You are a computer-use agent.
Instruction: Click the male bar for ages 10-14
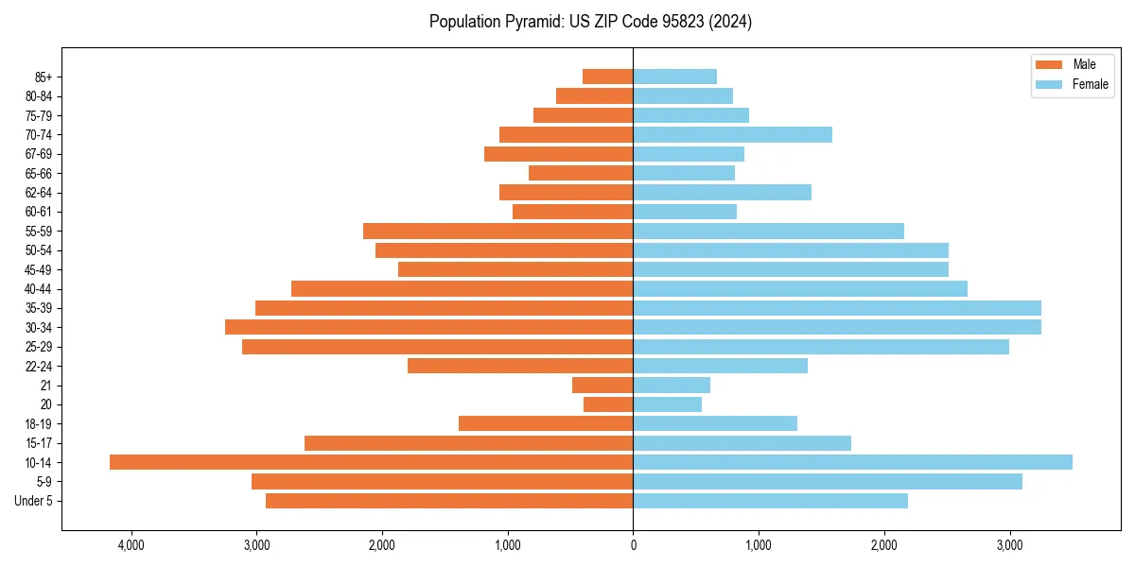pos(371,462)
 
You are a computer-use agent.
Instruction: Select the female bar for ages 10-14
pos(852,462)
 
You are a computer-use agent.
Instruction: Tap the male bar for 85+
pos(607,77)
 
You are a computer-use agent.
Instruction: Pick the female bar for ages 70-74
pos(732,134)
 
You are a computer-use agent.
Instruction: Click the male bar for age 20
pos(608,404)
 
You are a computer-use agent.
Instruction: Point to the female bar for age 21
pos(672,385)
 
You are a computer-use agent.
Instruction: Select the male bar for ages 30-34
pos(428,327)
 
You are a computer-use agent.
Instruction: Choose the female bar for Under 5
pos(770,501)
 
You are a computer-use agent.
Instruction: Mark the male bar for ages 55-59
pos(498,231)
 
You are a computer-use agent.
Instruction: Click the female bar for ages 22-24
pos(720,366)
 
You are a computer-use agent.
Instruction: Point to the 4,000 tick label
pos(131,545)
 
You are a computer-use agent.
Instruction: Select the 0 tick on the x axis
pos(633,545)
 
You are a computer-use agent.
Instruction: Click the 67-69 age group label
pos(39,154)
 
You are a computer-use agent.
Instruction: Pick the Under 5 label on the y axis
pos(33,501)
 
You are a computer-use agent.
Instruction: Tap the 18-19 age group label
pos(39,423)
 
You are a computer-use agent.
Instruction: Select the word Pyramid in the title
pos(531,22)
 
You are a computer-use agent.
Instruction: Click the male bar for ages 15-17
pos(468,442)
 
